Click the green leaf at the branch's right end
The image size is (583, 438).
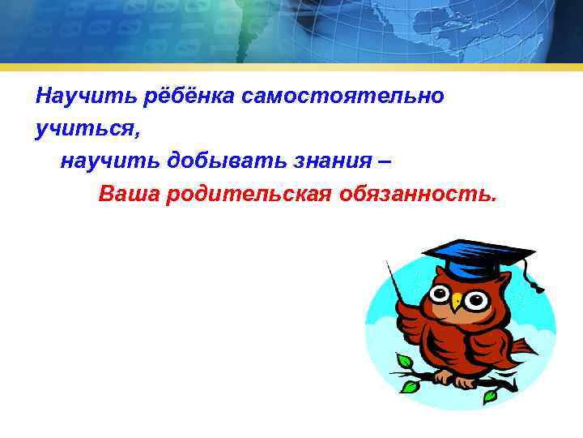click(490, 395)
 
